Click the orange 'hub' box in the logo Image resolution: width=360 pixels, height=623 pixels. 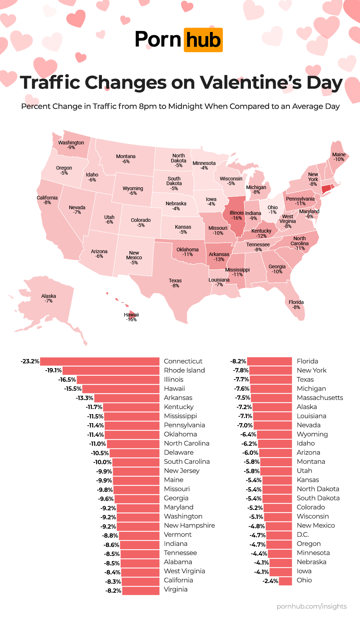(203, 40)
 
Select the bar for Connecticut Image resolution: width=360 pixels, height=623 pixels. (100, 361)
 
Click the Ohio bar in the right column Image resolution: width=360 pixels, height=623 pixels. (285, 581)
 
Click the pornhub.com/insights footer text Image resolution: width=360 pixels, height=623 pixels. (312, 606)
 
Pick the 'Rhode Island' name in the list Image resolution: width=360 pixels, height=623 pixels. (184, 370)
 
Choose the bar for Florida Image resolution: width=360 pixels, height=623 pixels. (270, 361)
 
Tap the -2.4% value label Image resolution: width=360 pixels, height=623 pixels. (270, 581)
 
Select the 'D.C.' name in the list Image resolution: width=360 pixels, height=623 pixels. (303, 535)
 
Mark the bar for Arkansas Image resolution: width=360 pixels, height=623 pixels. (127, 398)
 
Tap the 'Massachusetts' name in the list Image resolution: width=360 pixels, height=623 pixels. (320, 398)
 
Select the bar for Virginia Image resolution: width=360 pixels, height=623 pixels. (141, 590)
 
